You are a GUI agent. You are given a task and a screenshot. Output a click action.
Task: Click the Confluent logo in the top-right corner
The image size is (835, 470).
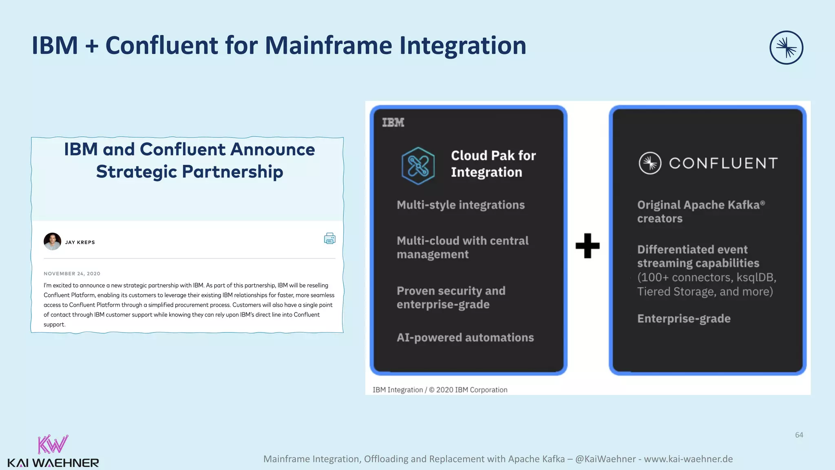[786, 48]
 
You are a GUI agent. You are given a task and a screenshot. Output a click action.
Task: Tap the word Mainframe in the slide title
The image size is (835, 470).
[329, 45]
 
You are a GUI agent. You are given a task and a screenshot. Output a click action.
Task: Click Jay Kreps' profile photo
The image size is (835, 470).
[53, 242]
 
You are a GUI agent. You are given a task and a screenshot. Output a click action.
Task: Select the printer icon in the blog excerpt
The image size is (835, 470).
[329, 238]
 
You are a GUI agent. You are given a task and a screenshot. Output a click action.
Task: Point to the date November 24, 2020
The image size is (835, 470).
[72, 274]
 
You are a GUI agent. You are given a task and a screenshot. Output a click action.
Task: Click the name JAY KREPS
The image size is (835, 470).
[80, 242]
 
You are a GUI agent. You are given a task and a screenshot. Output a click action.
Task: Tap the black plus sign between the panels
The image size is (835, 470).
[588, 246]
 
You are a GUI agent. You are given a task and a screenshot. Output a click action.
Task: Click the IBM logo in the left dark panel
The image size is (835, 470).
[393, 122]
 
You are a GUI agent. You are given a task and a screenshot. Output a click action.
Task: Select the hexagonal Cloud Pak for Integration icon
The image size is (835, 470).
[418, 166]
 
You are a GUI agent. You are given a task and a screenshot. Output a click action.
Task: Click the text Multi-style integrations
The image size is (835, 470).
[460, 205]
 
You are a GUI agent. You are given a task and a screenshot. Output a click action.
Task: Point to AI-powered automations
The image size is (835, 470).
[465, 337]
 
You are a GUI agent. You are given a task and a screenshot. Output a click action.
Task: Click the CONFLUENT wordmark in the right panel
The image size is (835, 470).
[723, 163]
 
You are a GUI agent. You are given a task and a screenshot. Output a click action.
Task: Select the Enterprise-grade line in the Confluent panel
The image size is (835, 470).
[684, 319]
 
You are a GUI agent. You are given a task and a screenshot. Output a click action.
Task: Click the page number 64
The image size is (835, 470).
[799, 435]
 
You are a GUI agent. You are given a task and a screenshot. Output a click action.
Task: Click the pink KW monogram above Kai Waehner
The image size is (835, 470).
[53, 444]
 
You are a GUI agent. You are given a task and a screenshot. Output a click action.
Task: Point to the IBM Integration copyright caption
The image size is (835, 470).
[440, 390]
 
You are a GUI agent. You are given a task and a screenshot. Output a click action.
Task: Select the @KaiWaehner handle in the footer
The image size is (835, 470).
[605, 459]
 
